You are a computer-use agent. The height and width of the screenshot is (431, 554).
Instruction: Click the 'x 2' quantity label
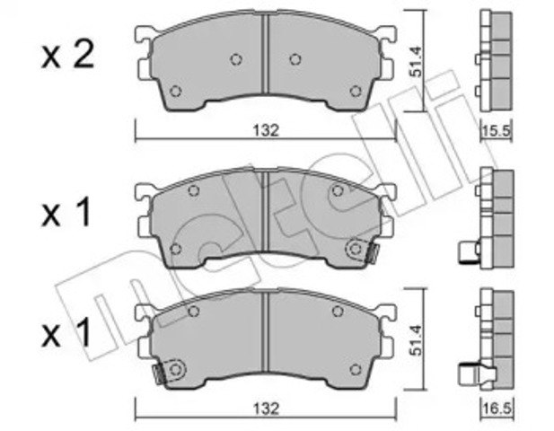pos(68,56)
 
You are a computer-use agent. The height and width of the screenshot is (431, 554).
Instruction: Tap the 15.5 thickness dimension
pos(496,131)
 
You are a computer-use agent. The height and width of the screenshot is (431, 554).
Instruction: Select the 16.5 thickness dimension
pos(497,409)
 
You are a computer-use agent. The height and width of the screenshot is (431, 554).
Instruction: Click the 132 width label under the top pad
pos(266,130)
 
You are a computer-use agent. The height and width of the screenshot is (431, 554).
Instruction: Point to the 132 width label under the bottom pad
pos(266,409)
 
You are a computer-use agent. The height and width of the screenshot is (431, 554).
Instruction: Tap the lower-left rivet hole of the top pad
pos(175,92)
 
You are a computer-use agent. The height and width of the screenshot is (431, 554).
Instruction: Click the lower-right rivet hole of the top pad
pos(356,92)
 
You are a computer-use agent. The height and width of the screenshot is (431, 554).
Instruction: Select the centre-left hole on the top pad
pos(236,59)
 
